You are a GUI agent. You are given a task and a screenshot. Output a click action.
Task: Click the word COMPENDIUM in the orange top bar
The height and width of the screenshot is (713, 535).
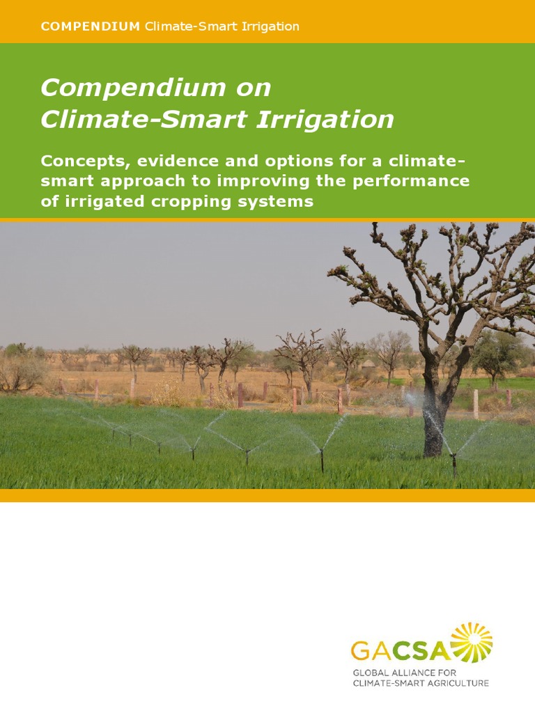tap(91, 26)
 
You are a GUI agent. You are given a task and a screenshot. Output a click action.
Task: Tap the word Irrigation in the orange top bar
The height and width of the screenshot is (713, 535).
tap(267, 26)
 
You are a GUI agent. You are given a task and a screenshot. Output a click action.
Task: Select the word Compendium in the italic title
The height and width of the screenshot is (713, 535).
tap(127, 88)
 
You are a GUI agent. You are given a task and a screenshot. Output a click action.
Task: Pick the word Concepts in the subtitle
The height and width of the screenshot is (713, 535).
tap(84, 161)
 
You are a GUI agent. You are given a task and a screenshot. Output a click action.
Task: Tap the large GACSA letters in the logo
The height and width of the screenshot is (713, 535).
tap(401, 651)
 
